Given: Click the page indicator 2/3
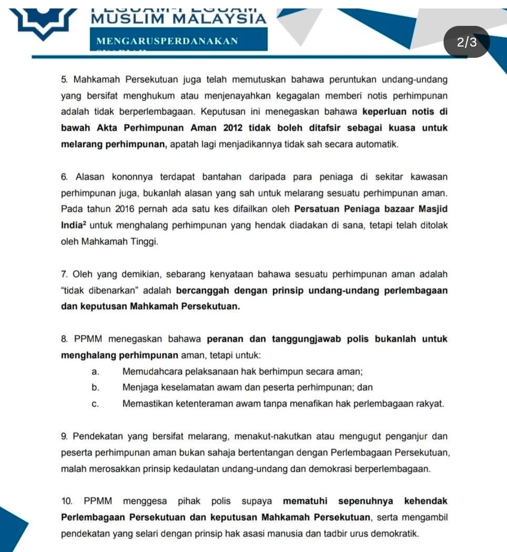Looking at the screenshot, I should click(467, 42).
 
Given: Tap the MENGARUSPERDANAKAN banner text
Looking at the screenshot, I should click(167, 41).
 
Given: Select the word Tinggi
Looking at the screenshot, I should click(144, 242).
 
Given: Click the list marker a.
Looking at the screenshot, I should click(95, 372).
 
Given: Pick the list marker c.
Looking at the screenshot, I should click(95, 404).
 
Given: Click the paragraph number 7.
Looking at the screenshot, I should click(65, 274).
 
